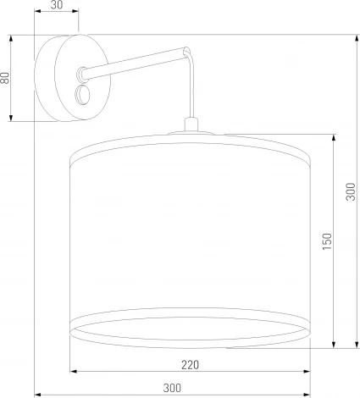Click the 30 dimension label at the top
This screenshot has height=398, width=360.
56,6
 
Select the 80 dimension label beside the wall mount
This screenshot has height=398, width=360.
5,77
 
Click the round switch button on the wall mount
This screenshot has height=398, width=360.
85,93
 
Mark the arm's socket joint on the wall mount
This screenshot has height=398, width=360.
81,74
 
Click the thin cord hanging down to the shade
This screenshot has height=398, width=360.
194,93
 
